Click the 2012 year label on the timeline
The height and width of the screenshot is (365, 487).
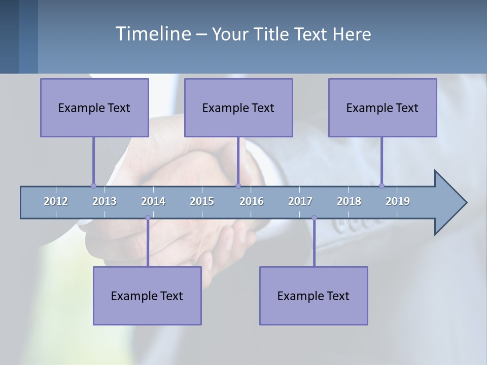point(56,201)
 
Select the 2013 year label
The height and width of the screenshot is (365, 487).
point(105,201)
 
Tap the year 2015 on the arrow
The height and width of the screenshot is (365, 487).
point(202,201)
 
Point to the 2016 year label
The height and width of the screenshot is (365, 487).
point(252,201)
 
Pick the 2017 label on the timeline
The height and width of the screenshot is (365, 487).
point(300,201)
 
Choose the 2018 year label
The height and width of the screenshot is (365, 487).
point(349,201)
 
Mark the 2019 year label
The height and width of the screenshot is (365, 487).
point(398,201)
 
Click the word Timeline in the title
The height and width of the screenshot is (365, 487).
point(153,33)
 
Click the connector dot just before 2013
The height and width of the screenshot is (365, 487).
point(93,186)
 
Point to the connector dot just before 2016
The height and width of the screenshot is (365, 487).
point(238,186)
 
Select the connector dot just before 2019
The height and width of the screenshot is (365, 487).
point(381,186)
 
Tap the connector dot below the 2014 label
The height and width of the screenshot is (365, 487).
point(148,218)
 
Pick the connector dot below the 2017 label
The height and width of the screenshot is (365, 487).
point(314,218)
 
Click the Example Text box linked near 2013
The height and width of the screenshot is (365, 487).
point(94,107)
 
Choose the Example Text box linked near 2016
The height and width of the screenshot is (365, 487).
point(238,107)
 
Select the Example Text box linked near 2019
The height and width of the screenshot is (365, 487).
point(382,107)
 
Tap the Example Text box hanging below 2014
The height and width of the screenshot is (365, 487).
point(147,296)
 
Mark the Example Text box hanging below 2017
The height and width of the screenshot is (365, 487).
point(314,296)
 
